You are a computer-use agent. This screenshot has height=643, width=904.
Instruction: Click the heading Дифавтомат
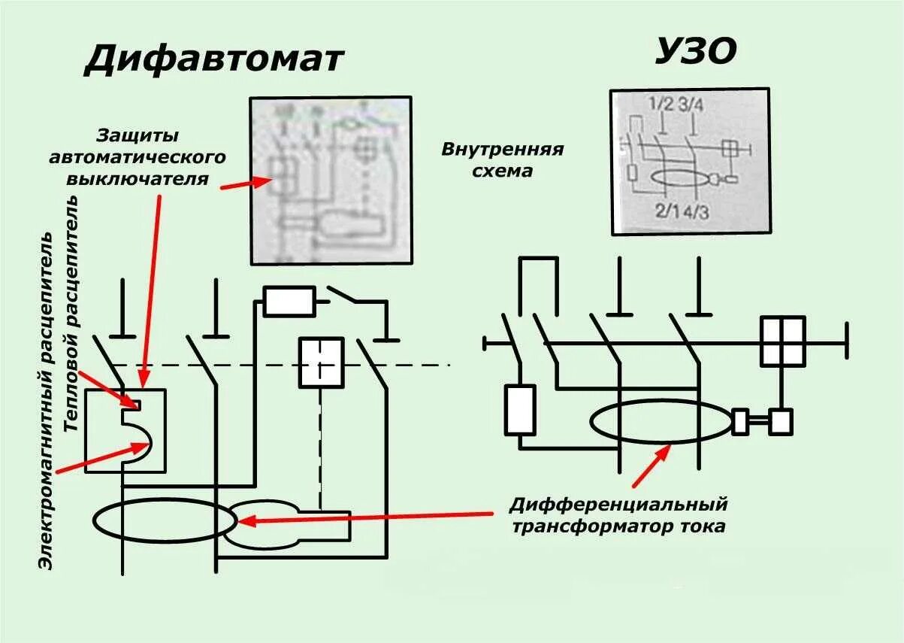213,59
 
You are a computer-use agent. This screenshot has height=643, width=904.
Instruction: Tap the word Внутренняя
502,148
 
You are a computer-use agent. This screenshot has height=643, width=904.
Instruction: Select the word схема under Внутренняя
502,171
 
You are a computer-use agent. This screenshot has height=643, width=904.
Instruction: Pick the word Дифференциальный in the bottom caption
618,503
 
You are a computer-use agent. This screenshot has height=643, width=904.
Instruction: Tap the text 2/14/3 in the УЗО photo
682,211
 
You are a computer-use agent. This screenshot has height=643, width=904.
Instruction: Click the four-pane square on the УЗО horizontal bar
782,341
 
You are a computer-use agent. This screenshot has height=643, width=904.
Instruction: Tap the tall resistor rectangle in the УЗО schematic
520,410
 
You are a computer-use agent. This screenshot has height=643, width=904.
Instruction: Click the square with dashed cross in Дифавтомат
321,362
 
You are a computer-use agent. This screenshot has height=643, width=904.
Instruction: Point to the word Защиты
138,136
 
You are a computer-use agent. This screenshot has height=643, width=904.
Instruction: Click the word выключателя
138,179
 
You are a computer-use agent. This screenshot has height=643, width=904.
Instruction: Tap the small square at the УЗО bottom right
780,421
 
